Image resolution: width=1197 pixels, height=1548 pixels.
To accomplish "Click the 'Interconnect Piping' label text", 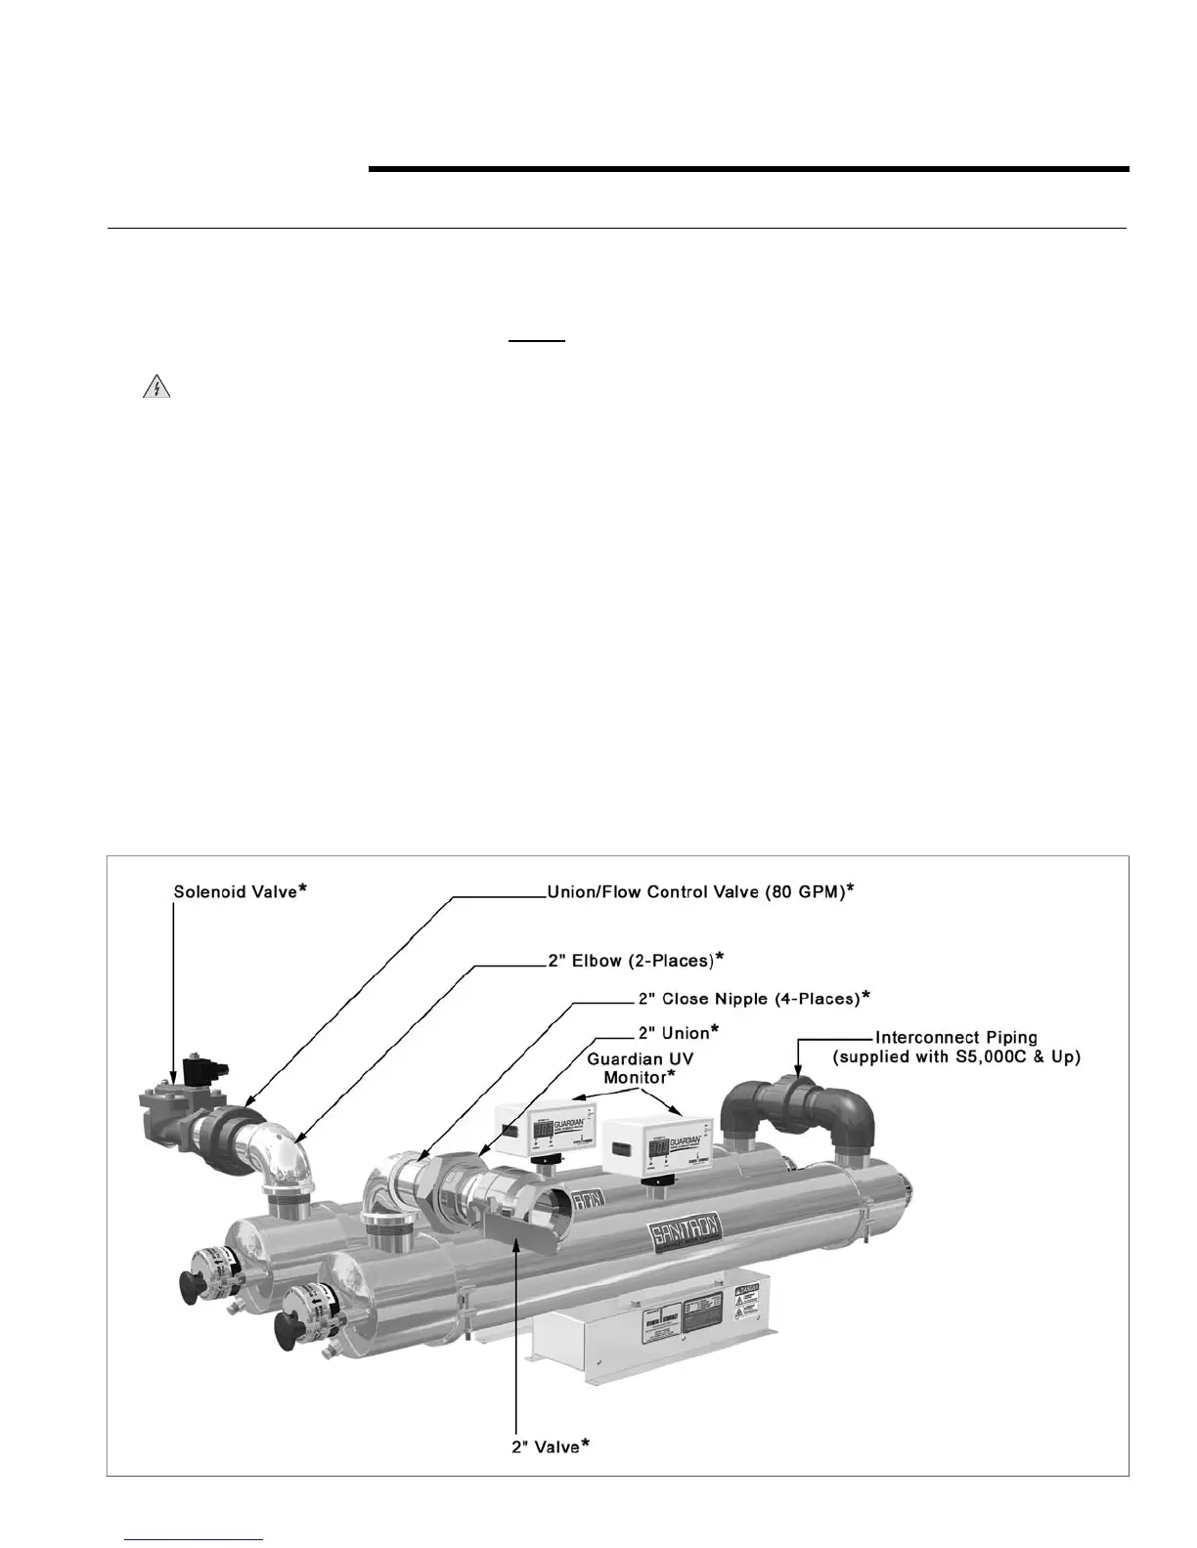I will tap(955, 1037).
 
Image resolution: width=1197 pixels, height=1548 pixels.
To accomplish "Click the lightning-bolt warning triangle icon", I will tap(155, 388).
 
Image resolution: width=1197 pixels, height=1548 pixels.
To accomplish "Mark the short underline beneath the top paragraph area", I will tap(537, 342).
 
